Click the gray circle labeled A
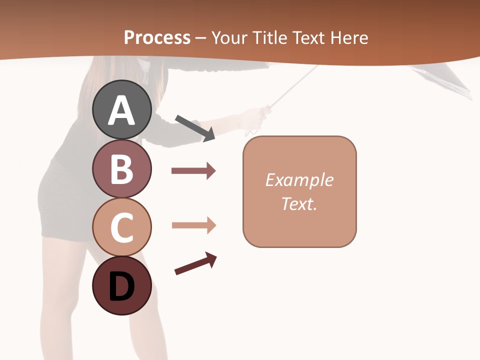pyautogui.click(x=122, y=109)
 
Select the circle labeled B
pyautogui.click(x=122, y=168)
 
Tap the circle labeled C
pyautogui.click(x=122, y=226)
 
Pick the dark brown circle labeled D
pyautogui.click(x=122, y=285)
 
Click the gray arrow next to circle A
pyautogui.click(x=195, y=127)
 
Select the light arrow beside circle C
pyautogui.click(x=193, y=225)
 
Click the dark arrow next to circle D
pyautogui.click(x=195, y=263)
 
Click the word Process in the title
pyautogui.click(x=157, y=37)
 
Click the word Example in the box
pyautogui.click(x=299, y=180)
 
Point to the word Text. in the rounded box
pyautogui.click(x=299, y=203)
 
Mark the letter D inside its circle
pyautogui.click(x=122, y=286)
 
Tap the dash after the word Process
pyautogui.click(x=200, y=38)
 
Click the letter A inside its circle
pyautogui.click(x=122, y=110)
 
